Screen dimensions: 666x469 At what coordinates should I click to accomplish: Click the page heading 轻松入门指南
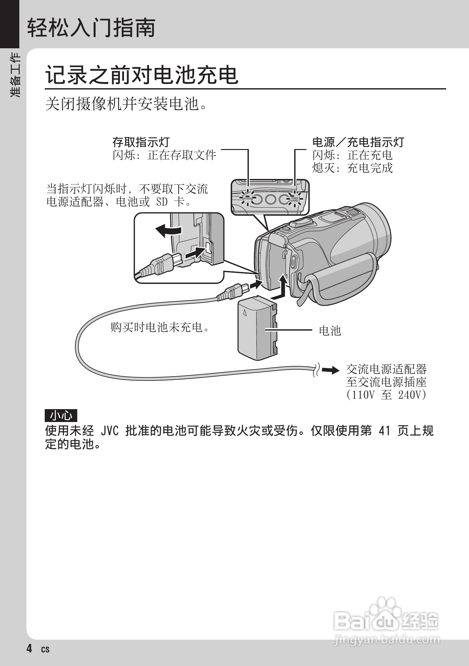(91, 28)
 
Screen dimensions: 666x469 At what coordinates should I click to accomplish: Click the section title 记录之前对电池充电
(142, 75)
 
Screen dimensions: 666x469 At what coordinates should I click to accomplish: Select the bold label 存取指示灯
(141, 142)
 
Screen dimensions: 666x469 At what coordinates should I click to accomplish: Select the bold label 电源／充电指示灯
(358, 142)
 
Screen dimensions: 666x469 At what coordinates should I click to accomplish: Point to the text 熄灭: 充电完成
(352, 168)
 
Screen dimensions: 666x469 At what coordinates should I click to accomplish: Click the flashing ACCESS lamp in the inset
(247, 199)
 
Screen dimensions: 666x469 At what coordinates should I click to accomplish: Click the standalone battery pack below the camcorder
(257, 328)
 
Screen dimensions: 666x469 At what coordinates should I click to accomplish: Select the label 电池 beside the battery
(330, 331)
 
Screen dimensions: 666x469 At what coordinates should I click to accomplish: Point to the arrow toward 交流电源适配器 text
(330, 370)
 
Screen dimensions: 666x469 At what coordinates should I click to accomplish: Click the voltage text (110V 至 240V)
(386, 395)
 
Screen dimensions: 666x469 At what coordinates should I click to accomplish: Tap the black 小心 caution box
(61, 416)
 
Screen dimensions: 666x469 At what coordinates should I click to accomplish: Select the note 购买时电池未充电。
(160, 327)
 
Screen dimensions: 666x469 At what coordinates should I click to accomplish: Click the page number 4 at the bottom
(29, 648)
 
